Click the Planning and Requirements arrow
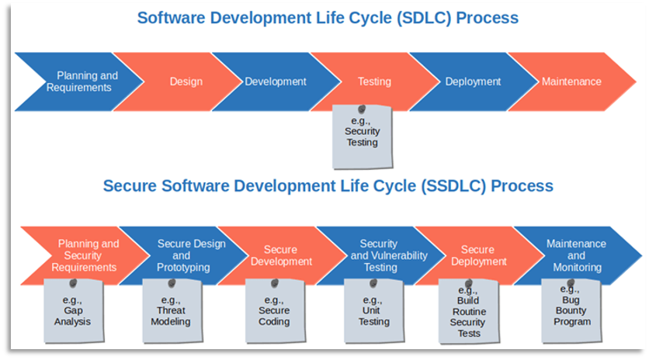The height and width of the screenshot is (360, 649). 83,81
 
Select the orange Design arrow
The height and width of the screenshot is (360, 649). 182,81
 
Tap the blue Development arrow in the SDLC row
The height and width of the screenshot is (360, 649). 278,81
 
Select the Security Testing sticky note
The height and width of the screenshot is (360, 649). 363,137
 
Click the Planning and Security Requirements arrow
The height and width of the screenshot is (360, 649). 87,255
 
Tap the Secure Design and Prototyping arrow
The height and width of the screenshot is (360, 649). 186,255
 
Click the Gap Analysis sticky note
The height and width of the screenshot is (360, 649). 74,311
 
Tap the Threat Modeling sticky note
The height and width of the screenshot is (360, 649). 172,311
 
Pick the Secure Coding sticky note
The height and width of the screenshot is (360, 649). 276,311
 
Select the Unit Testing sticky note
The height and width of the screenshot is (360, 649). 373,311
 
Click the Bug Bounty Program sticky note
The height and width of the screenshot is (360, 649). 571,311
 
